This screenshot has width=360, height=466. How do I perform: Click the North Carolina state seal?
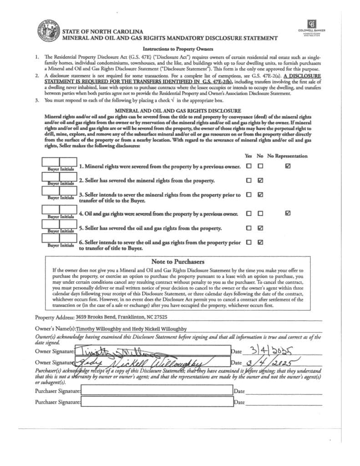(x=48, y=32)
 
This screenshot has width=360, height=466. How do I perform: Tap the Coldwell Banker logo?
(x=312, y=26)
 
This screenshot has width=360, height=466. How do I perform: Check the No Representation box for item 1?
(x=288, y=167)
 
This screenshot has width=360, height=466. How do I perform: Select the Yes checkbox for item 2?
(x=248, y=181)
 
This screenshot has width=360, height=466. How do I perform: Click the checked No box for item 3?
(x=260, y=195)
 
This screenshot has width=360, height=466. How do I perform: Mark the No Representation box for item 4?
(x=288, y=213)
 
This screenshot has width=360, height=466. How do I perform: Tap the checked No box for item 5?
(x=260, y=228)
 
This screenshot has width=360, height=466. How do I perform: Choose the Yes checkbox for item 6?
(x=248, y=243)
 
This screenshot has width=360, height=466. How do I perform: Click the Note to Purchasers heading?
(x=177, y=262)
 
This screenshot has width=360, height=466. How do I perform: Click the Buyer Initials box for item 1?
(x=60, y=164)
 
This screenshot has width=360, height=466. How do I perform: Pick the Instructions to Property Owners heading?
(x=178, y=49)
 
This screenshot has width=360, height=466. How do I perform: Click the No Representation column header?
(x=287, y=156)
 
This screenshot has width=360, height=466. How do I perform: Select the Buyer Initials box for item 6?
(x=60, y=241)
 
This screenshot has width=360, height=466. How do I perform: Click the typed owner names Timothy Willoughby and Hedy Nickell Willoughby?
(x=132, y=329)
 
